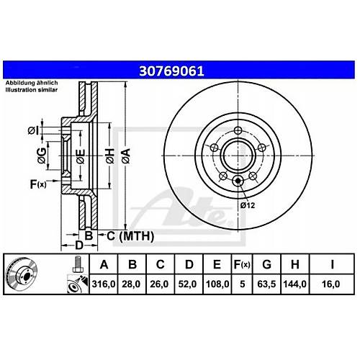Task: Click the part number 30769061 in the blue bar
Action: tap(171, 71)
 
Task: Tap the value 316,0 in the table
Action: tap(104, 284)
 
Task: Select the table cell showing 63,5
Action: tap(266, 284)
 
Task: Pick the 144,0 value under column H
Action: tap(294, 284)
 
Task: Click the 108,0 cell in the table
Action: tap(217, 284)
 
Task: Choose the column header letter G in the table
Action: tap(266, 264)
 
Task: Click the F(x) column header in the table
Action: tap(242, 264)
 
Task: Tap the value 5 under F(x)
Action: tap(243, 284)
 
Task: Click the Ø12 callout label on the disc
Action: tap(248, 205)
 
